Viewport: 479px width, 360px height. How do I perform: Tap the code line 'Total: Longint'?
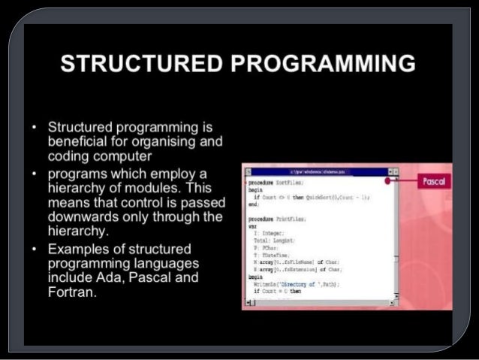point(276,241)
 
